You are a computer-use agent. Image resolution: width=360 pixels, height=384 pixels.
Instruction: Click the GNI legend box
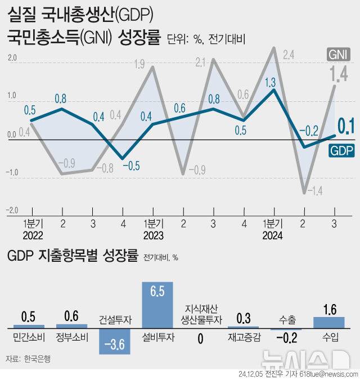tap(339, 54)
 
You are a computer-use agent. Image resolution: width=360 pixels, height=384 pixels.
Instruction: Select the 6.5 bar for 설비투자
tap(157, 305)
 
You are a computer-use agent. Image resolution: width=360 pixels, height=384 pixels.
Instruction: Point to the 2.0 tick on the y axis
tap(12, 57)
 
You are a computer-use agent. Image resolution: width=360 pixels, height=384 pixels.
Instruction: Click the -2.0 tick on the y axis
tap(12, 211)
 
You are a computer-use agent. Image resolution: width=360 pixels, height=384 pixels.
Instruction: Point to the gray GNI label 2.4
tap(289, 55)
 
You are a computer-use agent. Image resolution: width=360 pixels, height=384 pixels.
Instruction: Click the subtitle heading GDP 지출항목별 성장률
tap(73, 257)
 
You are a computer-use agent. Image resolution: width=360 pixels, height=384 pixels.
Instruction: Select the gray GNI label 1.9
tap(141, 64)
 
